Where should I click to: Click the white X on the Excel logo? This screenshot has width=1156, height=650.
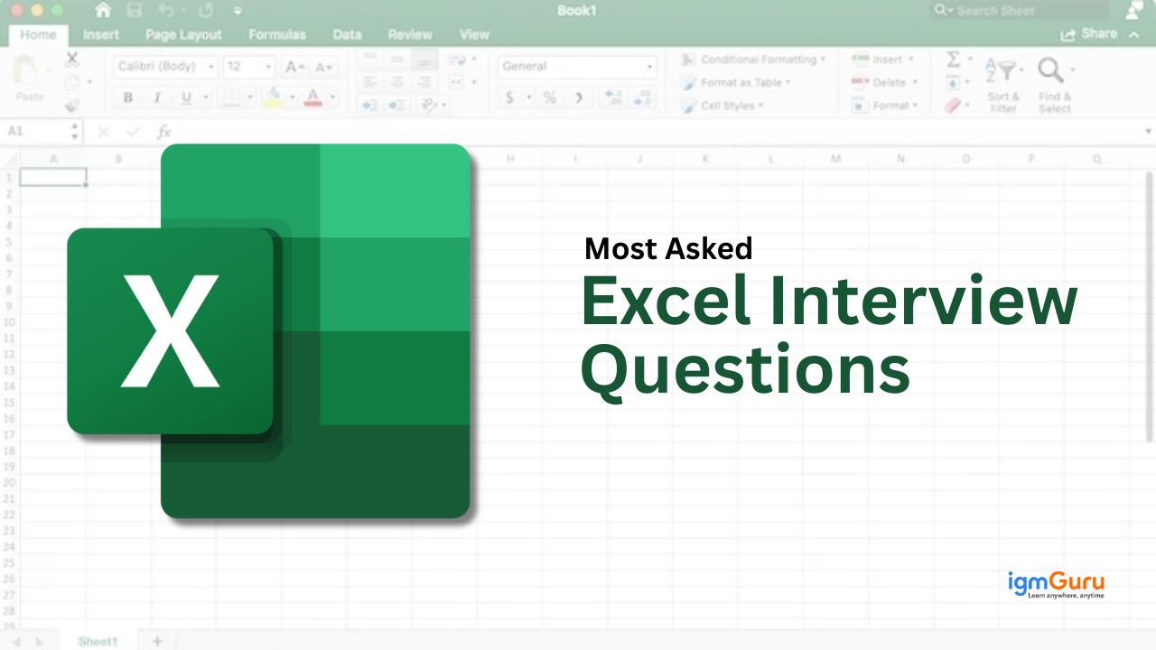click(x=171, y=330)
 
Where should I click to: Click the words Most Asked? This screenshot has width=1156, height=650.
click(x=668, y=248)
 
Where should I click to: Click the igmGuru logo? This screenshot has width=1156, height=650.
click(x=1056, y=585)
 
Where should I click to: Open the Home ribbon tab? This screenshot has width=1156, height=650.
click(x=38, y=35)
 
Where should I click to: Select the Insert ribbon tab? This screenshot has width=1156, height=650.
click(x=101, y=35)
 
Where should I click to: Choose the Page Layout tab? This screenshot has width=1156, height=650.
click(x=183, y=35)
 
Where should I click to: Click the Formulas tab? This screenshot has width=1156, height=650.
click(x=277, y=35)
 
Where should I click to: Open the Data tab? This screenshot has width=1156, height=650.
click(x=347, y=35)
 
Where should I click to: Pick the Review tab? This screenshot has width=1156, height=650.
click(x=410, y=35)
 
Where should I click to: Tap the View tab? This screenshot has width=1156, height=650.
click(x=474, y=35)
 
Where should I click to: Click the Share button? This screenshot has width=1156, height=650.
click(x=1090, y=33)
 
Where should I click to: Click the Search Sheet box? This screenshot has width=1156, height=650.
click(x=1021, y=11)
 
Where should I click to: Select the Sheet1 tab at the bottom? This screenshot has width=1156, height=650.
click(x=98, y=641)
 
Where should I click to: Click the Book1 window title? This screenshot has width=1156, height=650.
click(x=575, y=11)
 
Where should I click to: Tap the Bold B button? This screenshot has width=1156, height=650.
click(x=128, y=97)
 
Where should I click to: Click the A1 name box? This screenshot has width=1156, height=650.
click(x=36, y=132)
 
